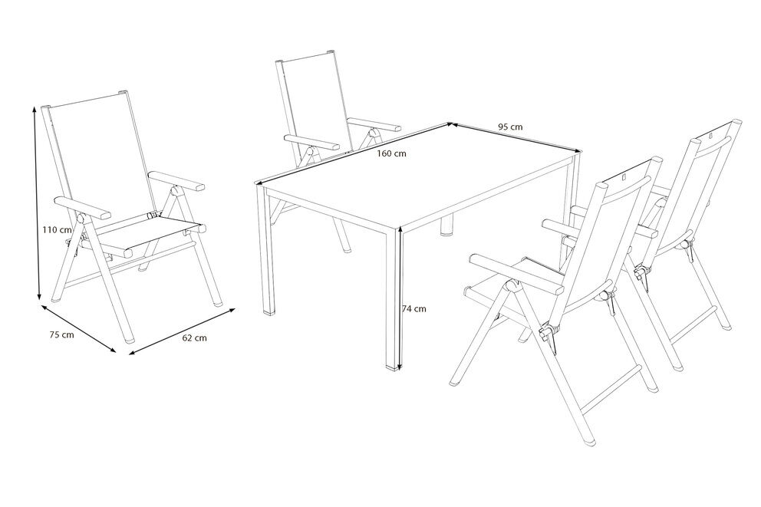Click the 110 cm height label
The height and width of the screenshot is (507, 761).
[57, 229]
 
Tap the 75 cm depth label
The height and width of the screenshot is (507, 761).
[61, 334]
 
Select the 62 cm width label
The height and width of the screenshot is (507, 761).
[194, 337]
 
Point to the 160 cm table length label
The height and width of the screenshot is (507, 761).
[392, 154]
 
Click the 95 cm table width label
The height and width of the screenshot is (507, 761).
[511, 127]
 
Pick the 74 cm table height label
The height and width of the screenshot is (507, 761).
[414, 308]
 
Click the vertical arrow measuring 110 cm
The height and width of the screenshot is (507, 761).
[37, 204]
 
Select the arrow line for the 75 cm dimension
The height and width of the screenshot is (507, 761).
[78, 328]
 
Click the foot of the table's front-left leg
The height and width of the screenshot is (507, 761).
[268, 310]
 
